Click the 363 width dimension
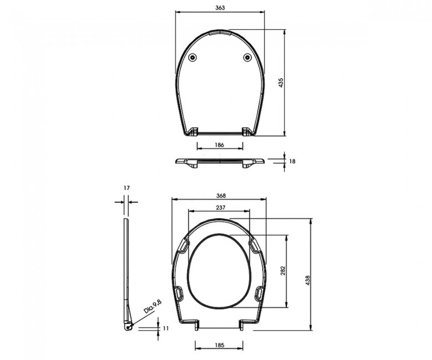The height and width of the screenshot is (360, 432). (220, 8)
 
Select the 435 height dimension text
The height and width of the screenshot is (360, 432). (281, 83)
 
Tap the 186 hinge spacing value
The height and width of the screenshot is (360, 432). (219, 145)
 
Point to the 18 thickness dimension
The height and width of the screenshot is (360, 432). (292, 161)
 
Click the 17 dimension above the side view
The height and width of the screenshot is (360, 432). (126, 188)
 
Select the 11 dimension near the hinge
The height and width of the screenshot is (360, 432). (166, 328)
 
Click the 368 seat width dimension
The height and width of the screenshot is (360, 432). (220, 196)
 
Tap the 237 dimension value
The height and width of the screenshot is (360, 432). (220, 207)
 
